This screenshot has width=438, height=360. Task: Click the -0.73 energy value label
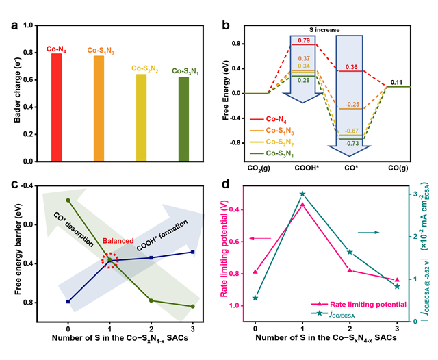(x=352, y=142)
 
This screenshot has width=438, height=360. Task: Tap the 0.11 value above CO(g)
(x=396, y=82)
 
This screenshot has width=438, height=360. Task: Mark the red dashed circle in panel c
(x=109, y=260)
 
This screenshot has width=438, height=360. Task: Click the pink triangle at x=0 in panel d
(x=255, y=272)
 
